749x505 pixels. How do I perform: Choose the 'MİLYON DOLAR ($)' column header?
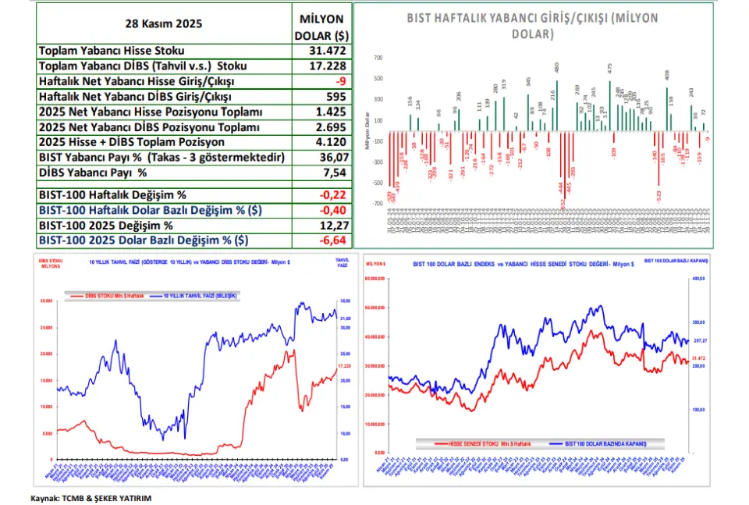(x=321, y=27)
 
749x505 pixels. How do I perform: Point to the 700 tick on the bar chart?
(x=378, y=58)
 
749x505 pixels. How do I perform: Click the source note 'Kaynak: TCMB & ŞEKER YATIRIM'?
(x=91, y=497)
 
